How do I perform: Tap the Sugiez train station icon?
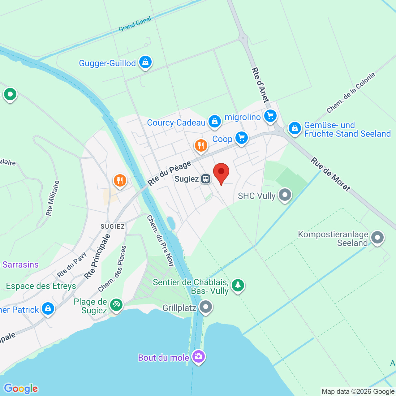(x=205, y=179)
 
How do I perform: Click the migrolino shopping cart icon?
(x=270, y=116)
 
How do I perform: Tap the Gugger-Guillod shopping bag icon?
(x=145, y=62)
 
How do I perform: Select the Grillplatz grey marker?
(x=206, y=307)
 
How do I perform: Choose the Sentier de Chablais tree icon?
(x=238, y=285)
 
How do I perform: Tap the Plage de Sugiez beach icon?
(x=116, y=305)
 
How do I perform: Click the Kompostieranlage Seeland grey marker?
(x=377, y=238)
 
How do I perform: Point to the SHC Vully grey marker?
(x=285, y=195)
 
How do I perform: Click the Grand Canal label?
(x=135, y=24)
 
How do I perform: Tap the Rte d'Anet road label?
(x=260, y=85)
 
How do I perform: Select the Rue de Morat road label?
(x=331, y=174)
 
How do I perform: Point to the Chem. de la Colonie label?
(x=351, y=93)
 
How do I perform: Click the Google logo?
(x=21, y=389)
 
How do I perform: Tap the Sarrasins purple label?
(x=20, y=265)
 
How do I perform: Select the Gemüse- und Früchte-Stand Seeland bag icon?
(x=295, y=128)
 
